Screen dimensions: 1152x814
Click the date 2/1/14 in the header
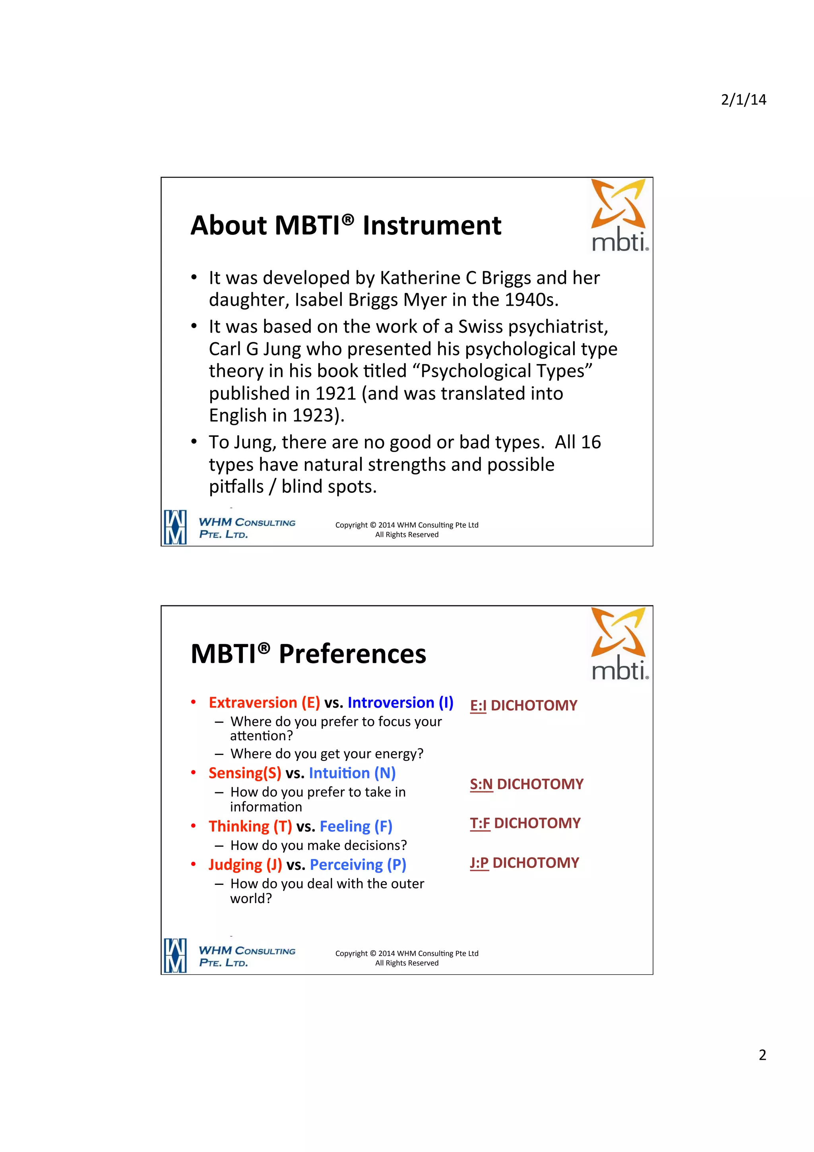pyautogui.click(x=743, y=100)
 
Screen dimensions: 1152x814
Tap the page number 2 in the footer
pyautogui.click(x=762, y=1055)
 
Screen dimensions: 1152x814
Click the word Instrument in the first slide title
pyautogui.click(x=431, y=225)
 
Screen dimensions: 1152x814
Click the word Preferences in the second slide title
pyautogui.click(x=352, y=654)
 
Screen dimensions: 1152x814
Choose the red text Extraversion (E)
pyautogui.click(x=264, y=702)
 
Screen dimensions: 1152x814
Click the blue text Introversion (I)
pyautogui.click(x=400, y=702)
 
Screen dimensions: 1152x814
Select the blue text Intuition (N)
pyautogui.click(x=352, y=773)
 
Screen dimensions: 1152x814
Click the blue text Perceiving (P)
pyautogui.click(x=358, y=865)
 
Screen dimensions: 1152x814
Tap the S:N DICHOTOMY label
pyautogui.click(x=526, y=784)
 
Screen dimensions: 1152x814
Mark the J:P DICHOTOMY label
pyautogui.click(x=524, y=863)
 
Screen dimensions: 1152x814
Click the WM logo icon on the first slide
pyautogui.click(x=175, y=528)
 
